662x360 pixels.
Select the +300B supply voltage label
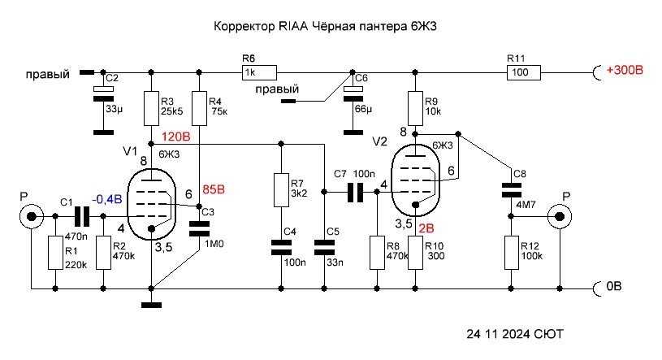[625, 72]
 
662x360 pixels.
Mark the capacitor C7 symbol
[354, 193]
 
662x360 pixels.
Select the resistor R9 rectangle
[415, 106]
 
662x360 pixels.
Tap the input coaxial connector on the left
[31, 217]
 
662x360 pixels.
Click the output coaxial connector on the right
[560, 217]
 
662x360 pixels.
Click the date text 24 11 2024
[495, 334]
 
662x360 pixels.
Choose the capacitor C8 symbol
[511, 190]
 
